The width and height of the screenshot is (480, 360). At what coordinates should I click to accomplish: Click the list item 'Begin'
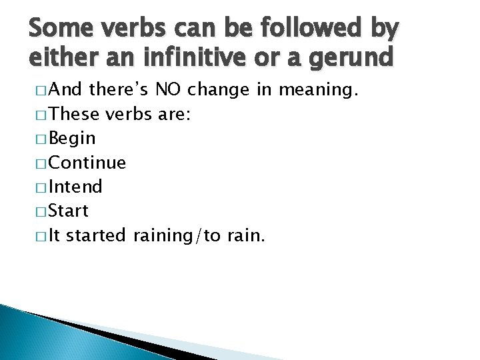click(73, 139)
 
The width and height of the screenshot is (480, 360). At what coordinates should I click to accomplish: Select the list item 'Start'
click(69, 211)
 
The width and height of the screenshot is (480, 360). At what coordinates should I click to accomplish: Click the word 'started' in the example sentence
click(97, 235)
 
